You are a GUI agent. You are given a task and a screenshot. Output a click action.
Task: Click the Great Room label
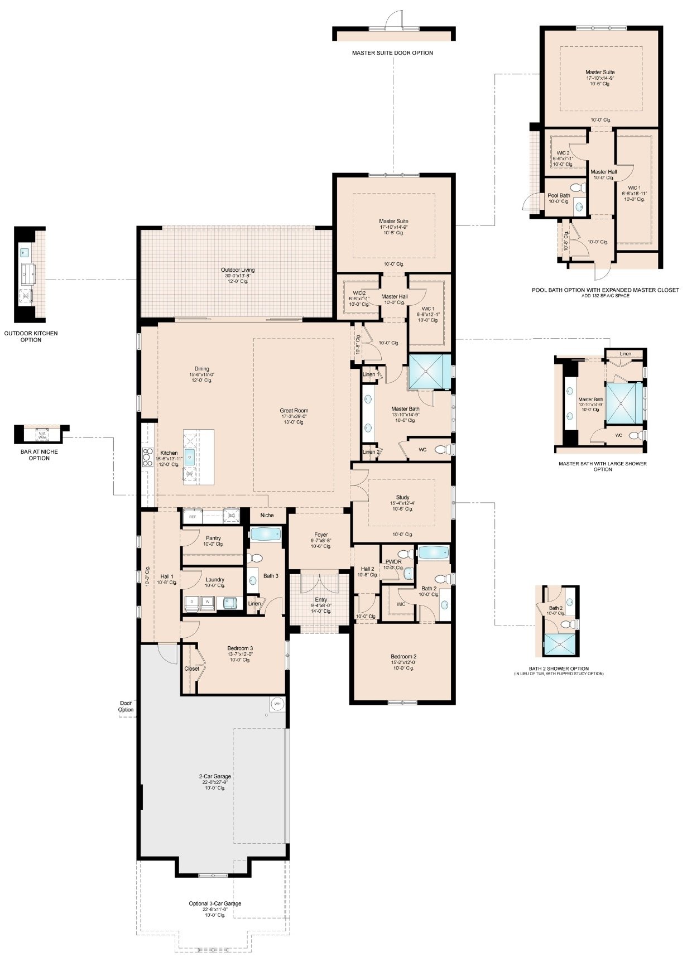[x=294, y=411]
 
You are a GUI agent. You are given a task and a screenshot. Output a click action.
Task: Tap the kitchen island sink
[x=190, y=457]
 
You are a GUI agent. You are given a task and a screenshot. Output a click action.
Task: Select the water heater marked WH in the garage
[x=278, y=704]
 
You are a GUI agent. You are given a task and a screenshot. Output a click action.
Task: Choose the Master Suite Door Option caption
[x=392, y=53]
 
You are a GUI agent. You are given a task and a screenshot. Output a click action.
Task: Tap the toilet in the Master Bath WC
[x=443, y=449]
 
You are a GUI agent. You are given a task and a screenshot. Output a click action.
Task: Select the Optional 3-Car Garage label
[x=215, y=903]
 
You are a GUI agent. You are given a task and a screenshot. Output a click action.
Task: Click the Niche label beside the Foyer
[x=267, y=515]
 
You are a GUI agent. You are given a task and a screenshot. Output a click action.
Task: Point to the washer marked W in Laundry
[x=207, y=602]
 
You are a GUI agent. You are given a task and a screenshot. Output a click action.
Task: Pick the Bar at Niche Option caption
[x=39, y=455]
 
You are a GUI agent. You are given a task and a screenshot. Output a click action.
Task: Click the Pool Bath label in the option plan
[x=559, y=195]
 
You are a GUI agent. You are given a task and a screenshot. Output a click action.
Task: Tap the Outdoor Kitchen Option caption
[x=31, y=336]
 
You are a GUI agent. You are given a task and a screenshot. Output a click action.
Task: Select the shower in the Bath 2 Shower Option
[x=556, y=644]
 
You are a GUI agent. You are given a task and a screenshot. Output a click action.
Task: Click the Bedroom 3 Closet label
[x=191, y=668]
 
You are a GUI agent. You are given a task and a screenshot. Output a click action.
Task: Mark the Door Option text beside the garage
[x=126, y=706]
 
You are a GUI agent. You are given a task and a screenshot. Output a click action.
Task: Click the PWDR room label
[x=393, y=562]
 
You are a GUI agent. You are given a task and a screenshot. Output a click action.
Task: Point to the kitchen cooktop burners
[x=148, y=456]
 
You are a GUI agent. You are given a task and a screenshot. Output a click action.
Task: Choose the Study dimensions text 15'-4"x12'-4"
[x=402, y=503]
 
